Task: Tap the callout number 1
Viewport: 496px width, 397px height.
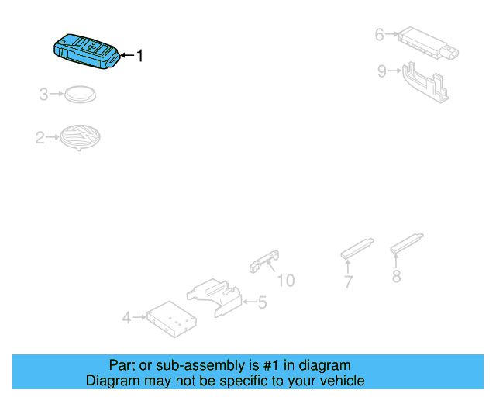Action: click(x=139, y=56)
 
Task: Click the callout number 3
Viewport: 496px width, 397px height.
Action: click(x=44, y=95)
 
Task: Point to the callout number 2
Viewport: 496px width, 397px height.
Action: click(x=40, y=139)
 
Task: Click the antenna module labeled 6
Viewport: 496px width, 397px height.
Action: click(x=425, y=43)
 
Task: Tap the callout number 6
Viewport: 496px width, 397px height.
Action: click(x=379, y=34)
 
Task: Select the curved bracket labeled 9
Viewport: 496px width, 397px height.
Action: click(x=425, y=82)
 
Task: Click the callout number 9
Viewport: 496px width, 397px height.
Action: click(x=381, y=71)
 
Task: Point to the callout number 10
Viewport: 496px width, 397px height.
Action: click(x=286, y=280)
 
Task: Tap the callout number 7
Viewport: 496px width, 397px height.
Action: click(x=349, y=281)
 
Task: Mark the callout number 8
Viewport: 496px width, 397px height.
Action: click(x=396, y=276)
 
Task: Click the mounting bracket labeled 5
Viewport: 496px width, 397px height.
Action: click(x=215, y=298)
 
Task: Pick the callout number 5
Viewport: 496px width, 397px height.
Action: click(x=262, y=302)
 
